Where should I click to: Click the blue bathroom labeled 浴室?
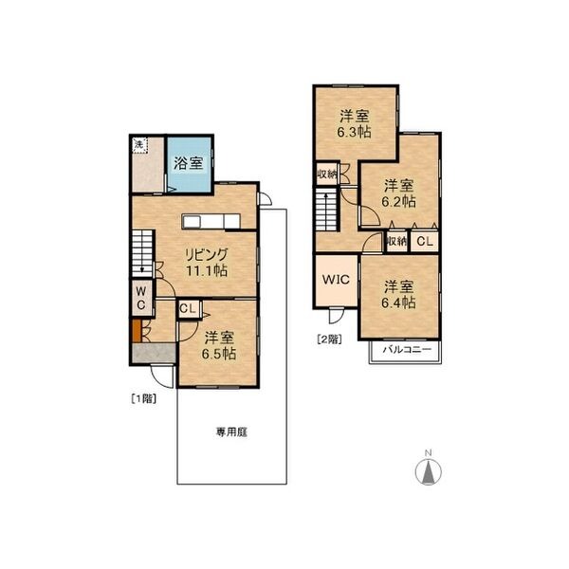(x=190, y=164)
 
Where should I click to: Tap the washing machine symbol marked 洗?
(x=139, y=145)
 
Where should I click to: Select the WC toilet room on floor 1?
(x=142, y=298)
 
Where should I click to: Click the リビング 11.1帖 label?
(x=207, y=262)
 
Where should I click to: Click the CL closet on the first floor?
(x=189, y=309)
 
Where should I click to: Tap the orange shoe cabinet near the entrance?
(x=137, y=330)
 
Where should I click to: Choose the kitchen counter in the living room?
(x=211, y=221)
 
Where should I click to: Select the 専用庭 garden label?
(x=232, y=432)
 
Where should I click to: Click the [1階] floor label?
(x=144, y=399)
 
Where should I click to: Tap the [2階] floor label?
(x=329, y=340)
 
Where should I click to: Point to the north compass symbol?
(x=429, y=470)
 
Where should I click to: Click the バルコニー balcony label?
(x=407, y=349)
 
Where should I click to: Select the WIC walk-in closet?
(x=336, y=280)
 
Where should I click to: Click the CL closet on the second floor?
(x=425, y=241)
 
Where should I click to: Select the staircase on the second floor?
(x=327, y=210)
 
